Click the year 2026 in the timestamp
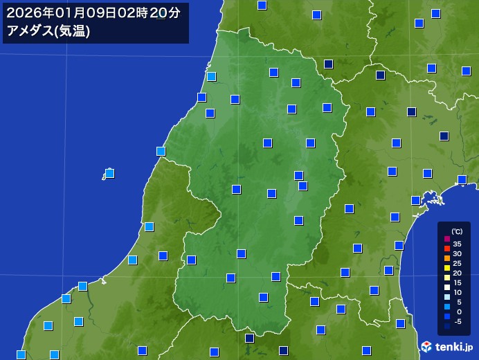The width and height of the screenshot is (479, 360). pos(20,12)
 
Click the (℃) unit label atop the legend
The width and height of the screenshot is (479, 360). pos(457,231)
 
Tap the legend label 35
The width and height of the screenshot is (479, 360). pos(458,244)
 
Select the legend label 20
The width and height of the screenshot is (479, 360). pos(458,273)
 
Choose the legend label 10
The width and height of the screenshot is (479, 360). pos(458,292)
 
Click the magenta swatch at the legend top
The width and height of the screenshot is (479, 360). pos(446,239)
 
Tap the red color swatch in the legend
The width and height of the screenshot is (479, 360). pos(446,249)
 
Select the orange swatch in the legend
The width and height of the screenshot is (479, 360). pos(446,258)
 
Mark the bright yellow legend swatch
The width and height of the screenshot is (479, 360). pos(446,268)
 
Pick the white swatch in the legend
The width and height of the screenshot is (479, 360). pos(446,287)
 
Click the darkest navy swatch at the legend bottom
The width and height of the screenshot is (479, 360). pos(446,326)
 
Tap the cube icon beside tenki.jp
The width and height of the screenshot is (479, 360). pos(427,346)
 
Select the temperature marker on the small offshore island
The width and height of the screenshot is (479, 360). pos(109,173)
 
